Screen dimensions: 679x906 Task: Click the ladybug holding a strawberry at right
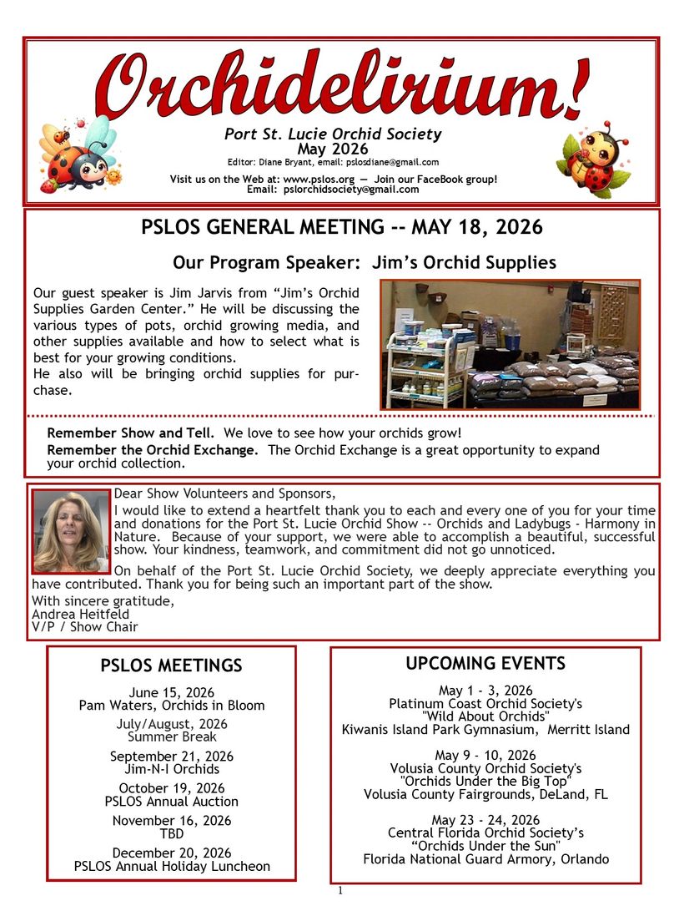[x=593, y=159]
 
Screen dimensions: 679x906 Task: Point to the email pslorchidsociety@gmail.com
[x=350, y=190]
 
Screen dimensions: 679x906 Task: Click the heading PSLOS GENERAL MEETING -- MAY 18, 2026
[x=341, y=227]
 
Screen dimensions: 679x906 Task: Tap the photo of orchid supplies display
[x=510, y=345]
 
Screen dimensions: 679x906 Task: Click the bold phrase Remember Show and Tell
[x=131, y=433]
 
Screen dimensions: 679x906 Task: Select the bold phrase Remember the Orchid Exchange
[x=153, y=450]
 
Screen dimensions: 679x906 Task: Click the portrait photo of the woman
[x=71, y=531]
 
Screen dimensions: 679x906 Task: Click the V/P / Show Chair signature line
[x=84, y=627]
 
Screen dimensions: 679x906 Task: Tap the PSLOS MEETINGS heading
[x=171, y=666]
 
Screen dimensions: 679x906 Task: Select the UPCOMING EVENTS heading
[x=485, y=664]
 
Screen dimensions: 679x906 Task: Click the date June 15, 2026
[x=172, y=692]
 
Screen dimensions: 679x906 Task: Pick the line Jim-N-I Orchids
[x=172, y=769]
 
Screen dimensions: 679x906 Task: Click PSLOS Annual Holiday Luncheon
[x=172, y=866]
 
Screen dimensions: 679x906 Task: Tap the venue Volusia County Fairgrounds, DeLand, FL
[x=485, y=794]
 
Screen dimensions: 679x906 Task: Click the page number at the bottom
[x=340, y=891]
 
